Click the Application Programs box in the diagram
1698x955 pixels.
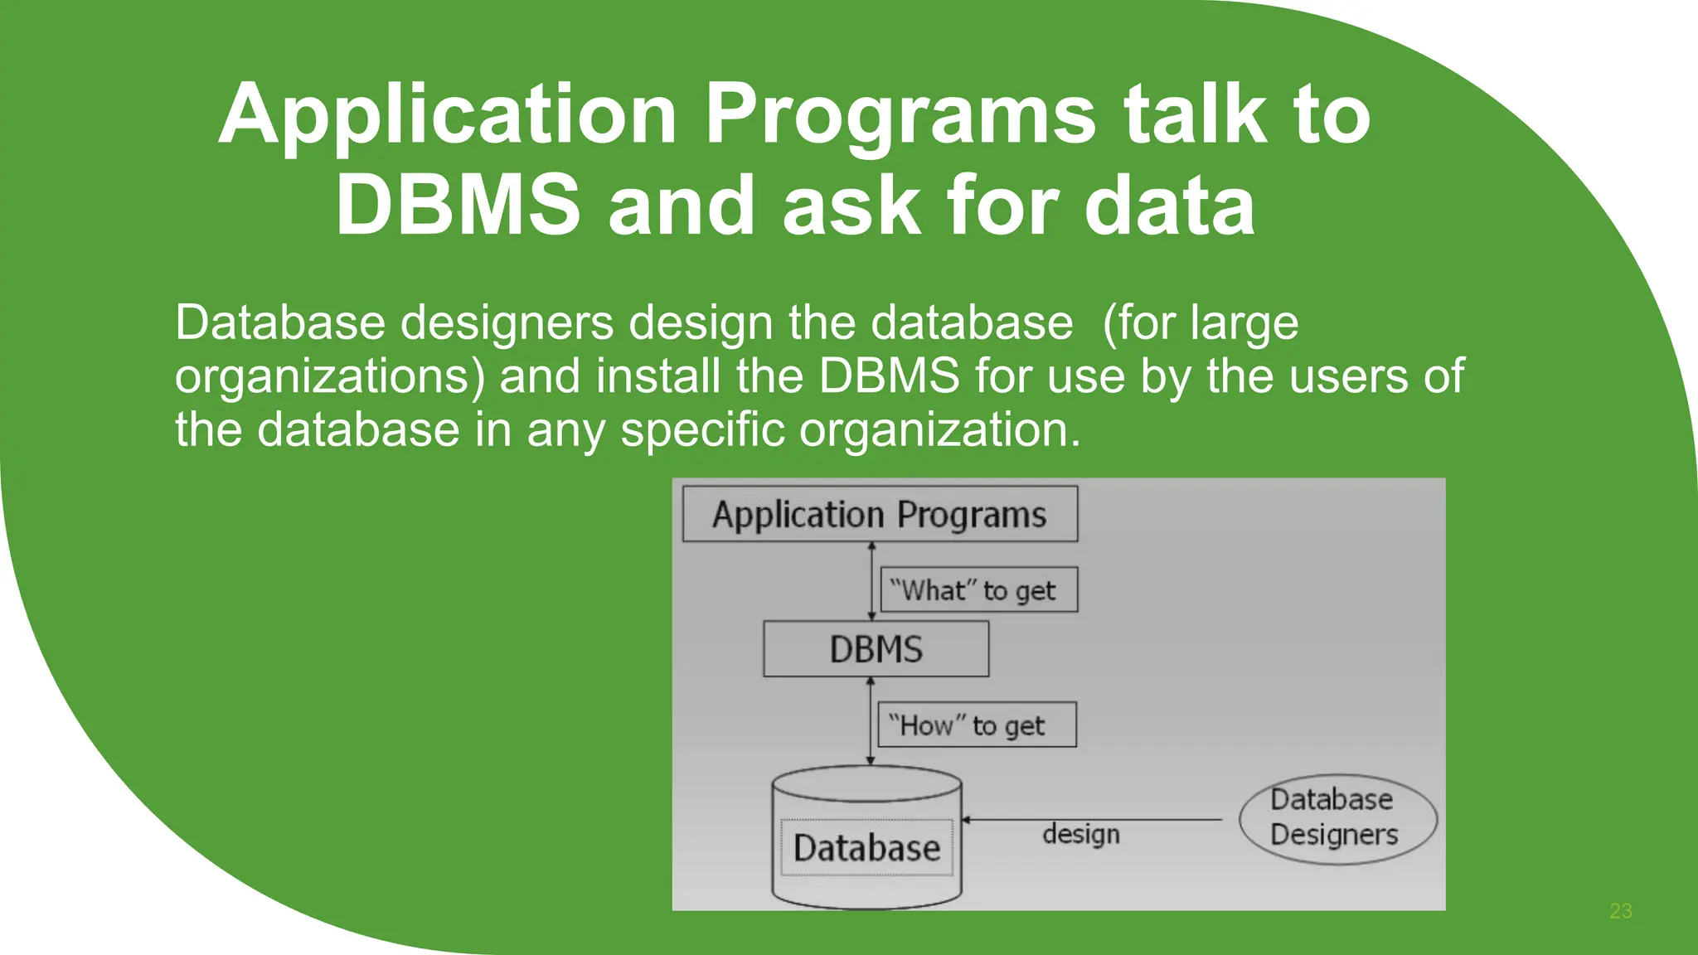880,515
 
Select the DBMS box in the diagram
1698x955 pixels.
876,649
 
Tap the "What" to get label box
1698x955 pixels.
978,590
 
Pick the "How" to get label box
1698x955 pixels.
977,725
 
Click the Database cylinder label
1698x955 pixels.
866,848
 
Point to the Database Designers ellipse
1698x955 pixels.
1337,818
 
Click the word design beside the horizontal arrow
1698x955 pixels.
1080,834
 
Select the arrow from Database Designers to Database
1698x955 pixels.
1094,819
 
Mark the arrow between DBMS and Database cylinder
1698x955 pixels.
870,720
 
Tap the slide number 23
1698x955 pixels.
1620,911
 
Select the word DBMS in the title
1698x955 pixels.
458,205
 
